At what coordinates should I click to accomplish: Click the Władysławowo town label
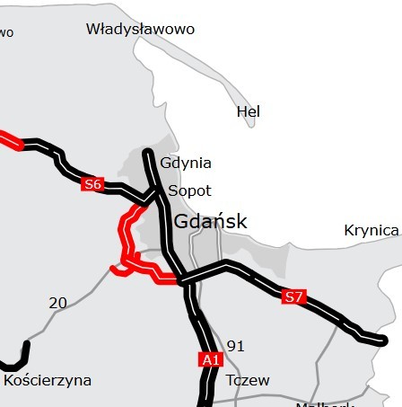click(140, 29)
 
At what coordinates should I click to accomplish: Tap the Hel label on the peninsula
click(248, 111)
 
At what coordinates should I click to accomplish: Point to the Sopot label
click(189, 190)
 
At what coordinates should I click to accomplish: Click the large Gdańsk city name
click(210, 221)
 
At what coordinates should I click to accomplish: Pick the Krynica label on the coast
click(371, 231)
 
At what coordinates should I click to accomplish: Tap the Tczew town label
click(247, 380)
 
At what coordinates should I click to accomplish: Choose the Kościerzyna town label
click(48, 380)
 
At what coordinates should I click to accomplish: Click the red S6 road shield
click(92, 184)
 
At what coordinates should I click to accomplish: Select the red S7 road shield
click(293, 296)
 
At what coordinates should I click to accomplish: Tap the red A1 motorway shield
click(210, 359)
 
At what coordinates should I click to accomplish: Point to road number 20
click(57, 304)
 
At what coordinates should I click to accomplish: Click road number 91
click(235, 346)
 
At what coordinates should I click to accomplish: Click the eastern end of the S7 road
click(383, 340)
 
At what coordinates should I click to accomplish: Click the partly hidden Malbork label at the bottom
click(324, 403)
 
